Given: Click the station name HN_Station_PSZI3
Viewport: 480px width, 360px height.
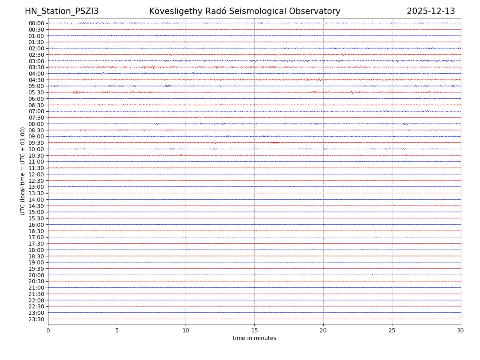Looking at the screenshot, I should coord(62,12).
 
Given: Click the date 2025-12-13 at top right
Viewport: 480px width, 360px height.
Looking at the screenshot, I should coord(431,12).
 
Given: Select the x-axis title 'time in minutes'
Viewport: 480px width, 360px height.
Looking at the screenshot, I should coord(254,338).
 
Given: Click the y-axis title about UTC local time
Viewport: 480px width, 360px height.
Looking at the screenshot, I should coord(23,171).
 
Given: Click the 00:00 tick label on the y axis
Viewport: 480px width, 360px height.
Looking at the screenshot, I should coord(36,23).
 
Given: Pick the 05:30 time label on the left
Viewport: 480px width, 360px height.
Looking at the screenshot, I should coord(36,92).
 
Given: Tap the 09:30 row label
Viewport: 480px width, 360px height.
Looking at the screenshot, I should coord(36,143).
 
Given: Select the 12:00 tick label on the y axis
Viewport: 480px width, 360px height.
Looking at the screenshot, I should coord(36,174).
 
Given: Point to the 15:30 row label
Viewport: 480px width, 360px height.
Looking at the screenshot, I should coord(36,218).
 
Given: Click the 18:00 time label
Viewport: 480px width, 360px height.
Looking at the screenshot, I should coord(36,250).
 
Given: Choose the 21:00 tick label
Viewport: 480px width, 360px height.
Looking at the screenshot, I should coord(36,288).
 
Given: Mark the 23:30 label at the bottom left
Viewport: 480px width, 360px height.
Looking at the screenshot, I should coord(36,319).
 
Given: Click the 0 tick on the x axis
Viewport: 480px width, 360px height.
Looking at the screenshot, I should coord(48,331).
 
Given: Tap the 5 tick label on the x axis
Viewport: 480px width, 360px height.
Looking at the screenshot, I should coord(117,331).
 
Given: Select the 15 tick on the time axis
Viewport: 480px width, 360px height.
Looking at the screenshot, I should coord(254,331).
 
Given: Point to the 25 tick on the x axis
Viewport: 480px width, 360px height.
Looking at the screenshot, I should coord(392,331).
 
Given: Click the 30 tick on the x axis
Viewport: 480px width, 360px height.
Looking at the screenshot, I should coord(461,331).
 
